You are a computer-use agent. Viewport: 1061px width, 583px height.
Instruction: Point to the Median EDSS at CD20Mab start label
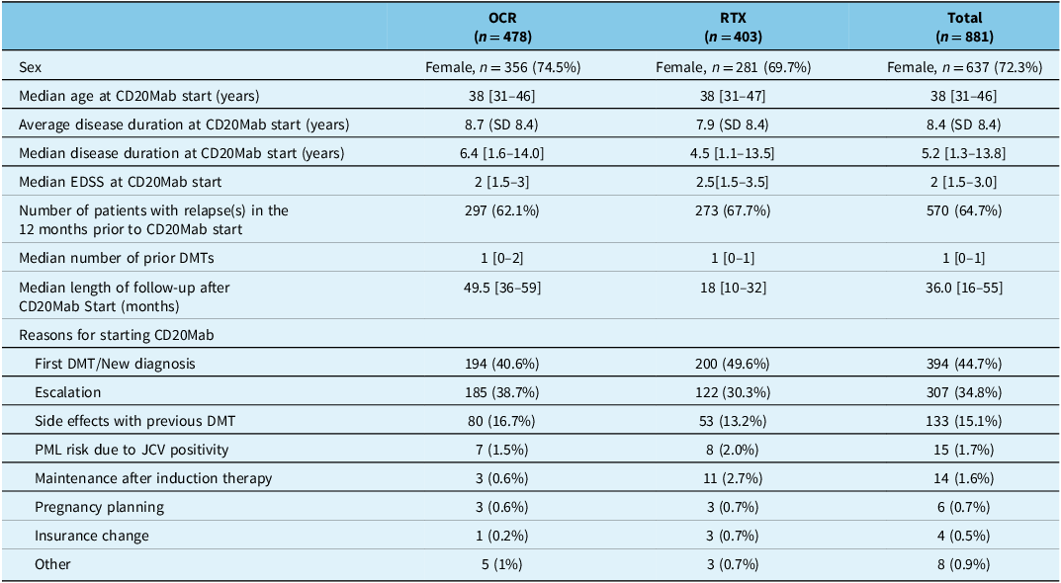coord(121,182)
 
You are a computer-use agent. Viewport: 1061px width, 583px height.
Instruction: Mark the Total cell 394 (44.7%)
coord(964,364)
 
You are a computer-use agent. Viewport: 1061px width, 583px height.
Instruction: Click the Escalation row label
coord(68,392)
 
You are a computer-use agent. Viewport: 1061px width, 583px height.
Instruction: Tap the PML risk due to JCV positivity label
coord(132,450)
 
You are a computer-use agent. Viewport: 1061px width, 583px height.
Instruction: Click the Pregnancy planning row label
coord(99,507)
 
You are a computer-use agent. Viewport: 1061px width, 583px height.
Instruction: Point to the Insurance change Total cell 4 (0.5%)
coord(964,536)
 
